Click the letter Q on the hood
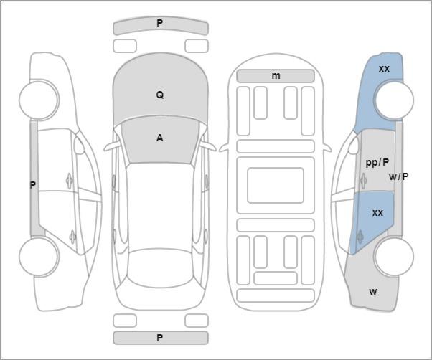[160, 95]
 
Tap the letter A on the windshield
[160, 138]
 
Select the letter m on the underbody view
[276, 76]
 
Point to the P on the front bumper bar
[160, 23]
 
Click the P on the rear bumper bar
[160, 338]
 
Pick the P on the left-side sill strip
[33, 185]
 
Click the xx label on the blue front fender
[384, 69]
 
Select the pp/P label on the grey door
[377, 163]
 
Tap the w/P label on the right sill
[399, 176]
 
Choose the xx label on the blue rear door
[377, 213]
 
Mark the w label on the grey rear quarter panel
[373, 291]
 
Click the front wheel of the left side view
[39, 100]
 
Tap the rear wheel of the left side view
[39, 257]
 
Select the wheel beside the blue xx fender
[394, 100]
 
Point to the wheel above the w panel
[394, 257]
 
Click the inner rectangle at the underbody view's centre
[276, 185]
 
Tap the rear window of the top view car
[160, 267]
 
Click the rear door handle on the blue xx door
[360, 236]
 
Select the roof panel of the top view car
[160, 207]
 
